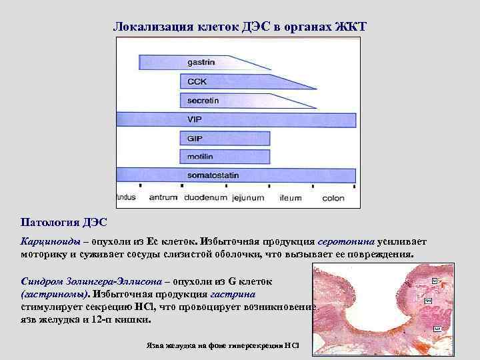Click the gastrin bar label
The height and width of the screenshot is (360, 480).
[201, 62]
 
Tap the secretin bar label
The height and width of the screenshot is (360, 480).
[203, 101]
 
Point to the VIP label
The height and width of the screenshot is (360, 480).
[195, 119]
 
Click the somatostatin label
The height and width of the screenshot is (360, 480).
[213, 176]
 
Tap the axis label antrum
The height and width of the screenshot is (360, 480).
[163, 198]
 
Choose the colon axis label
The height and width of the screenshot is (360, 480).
[333, 198]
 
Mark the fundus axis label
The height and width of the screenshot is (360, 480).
[126, 198]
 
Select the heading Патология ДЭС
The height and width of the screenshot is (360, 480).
[63, 221]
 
